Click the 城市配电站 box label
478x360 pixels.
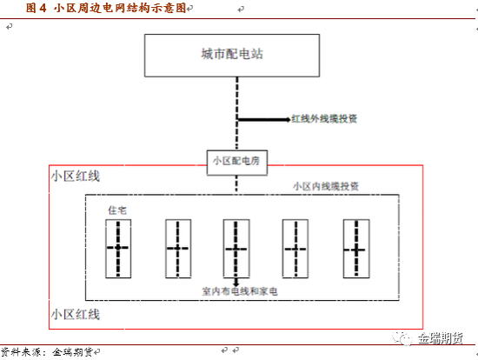(232, 54)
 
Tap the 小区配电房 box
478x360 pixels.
(237, 163)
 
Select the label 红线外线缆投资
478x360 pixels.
(324, 118)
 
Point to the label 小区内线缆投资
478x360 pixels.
(326, 186)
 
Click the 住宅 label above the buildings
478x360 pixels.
(117, 210)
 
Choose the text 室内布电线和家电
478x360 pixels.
(240, 291)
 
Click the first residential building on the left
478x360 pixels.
(118, 249)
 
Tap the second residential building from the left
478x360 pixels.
(178, 249)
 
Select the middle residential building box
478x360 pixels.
(236, 249)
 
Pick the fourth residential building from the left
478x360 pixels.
(295, 249)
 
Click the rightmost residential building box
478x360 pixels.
(356, 249)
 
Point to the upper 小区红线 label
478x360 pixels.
(76, 176)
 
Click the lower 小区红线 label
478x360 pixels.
(76, 314)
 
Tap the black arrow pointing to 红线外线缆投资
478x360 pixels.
(264, 119)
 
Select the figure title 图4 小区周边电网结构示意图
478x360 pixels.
(106, 8)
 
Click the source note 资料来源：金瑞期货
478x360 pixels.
(47, 352)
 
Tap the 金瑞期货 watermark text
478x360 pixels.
(441, 338)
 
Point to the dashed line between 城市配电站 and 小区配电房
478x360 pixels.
(237, 113)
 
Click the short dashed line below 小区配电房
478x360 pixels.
(236, 183)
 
